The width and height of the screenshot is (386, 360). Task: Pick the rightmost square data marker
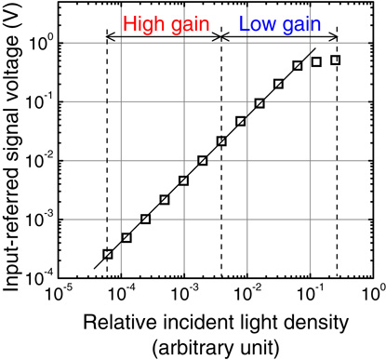pyautogui.click(x=335, y=60)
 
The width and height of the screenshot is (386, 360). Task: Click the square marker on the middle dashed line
pyautogui.click(x=221, y=141)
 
